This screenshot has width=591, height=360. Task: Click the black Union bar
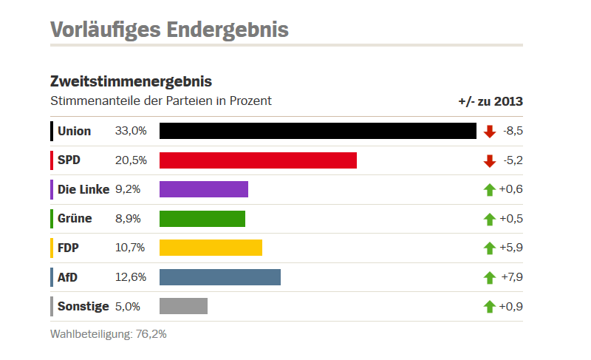[318, 131]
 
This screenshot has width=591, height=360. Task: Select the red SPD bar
[258, 160]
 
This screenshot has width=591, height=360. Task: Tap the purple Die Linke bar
[204, 189]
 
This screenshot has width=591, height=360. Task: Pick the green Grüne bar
[202, 219]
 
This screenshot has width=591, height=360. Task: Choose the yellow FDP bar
[211, 248]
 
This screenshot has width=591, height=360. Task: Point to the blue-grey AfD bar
[220, 277]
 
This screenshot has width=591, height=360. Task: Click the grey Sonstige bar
[183, 306]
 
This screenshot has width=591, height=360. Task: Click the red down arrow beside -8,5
[489, 132]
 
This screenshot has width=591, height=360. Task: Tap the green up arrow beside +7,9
[489, 277]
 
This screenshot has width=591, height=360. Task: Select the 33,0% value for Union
[131, 131]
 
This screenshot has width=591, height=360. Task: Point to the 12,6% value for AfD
[131, 277]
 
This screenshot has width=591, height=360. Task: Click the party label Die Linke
[83, 189]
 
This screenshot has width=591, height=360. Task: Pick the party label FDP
[68, 248]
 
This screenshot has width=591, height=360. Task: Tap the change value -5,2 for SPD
[512, 160]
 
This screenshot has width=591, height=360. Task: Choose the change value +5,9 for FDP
[511, 248]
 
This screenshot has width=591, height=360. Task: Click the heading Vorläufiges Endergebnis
[169, 30]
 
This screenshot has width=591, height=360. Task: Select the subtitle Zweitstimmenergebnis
[131, 81]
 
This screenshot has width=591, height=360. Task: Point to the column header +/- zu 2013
[491, 101]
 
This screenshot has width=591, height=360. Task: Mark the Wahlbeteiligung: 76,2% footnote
[109, 334]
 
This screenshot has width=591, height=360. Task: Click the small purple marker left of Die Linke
[52, 189]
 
